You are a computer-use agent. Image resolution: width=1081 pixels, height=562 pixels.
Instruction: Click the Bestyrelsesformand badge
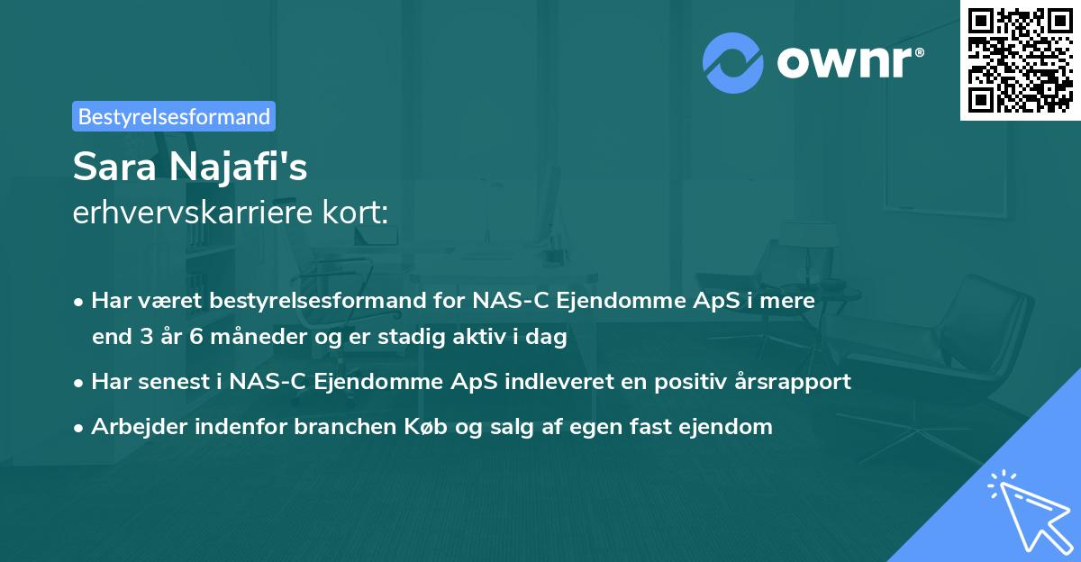coord(174,116)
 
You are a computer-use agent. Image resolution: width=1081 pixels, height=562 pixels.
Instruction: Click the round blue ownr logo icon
coord(731,62)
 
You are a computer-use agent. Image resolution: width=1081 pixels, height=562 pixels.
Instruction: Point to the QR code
coord(1019,60)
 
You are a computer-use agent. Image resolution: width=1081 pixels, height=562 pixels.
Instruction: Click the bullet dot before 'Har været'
coord(80,303)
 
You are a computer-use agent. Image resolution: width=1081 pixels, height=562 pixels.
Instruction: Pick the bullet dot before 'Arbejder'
coord(80,428)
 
